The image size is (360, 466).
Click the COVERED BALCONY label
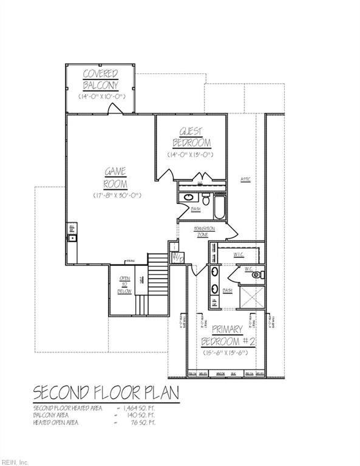[x=101, y=79]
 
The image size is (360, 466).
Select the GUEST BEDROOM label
[x=191, y=137]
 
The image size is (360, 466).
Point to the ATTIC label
[x=246, y=179]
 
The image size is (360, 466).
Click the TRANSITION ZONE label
[x=205, y=231]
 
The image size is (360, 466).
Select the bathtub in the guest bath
[x=219, y=206]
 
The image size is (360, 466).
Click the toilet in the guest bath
[x=206, y=198]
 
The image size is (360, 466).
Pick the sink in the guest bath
[x=188, y=197]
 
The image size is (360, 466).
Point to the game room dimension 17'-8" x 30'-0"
[x=117, y=195]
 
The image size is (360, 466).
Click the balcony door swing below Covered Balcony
[x=114, y=109]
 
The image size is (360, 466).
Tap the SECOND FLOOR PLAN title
[x=106, y=393]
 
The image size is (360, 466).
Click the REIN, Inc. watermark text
[x=15, y=461]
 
